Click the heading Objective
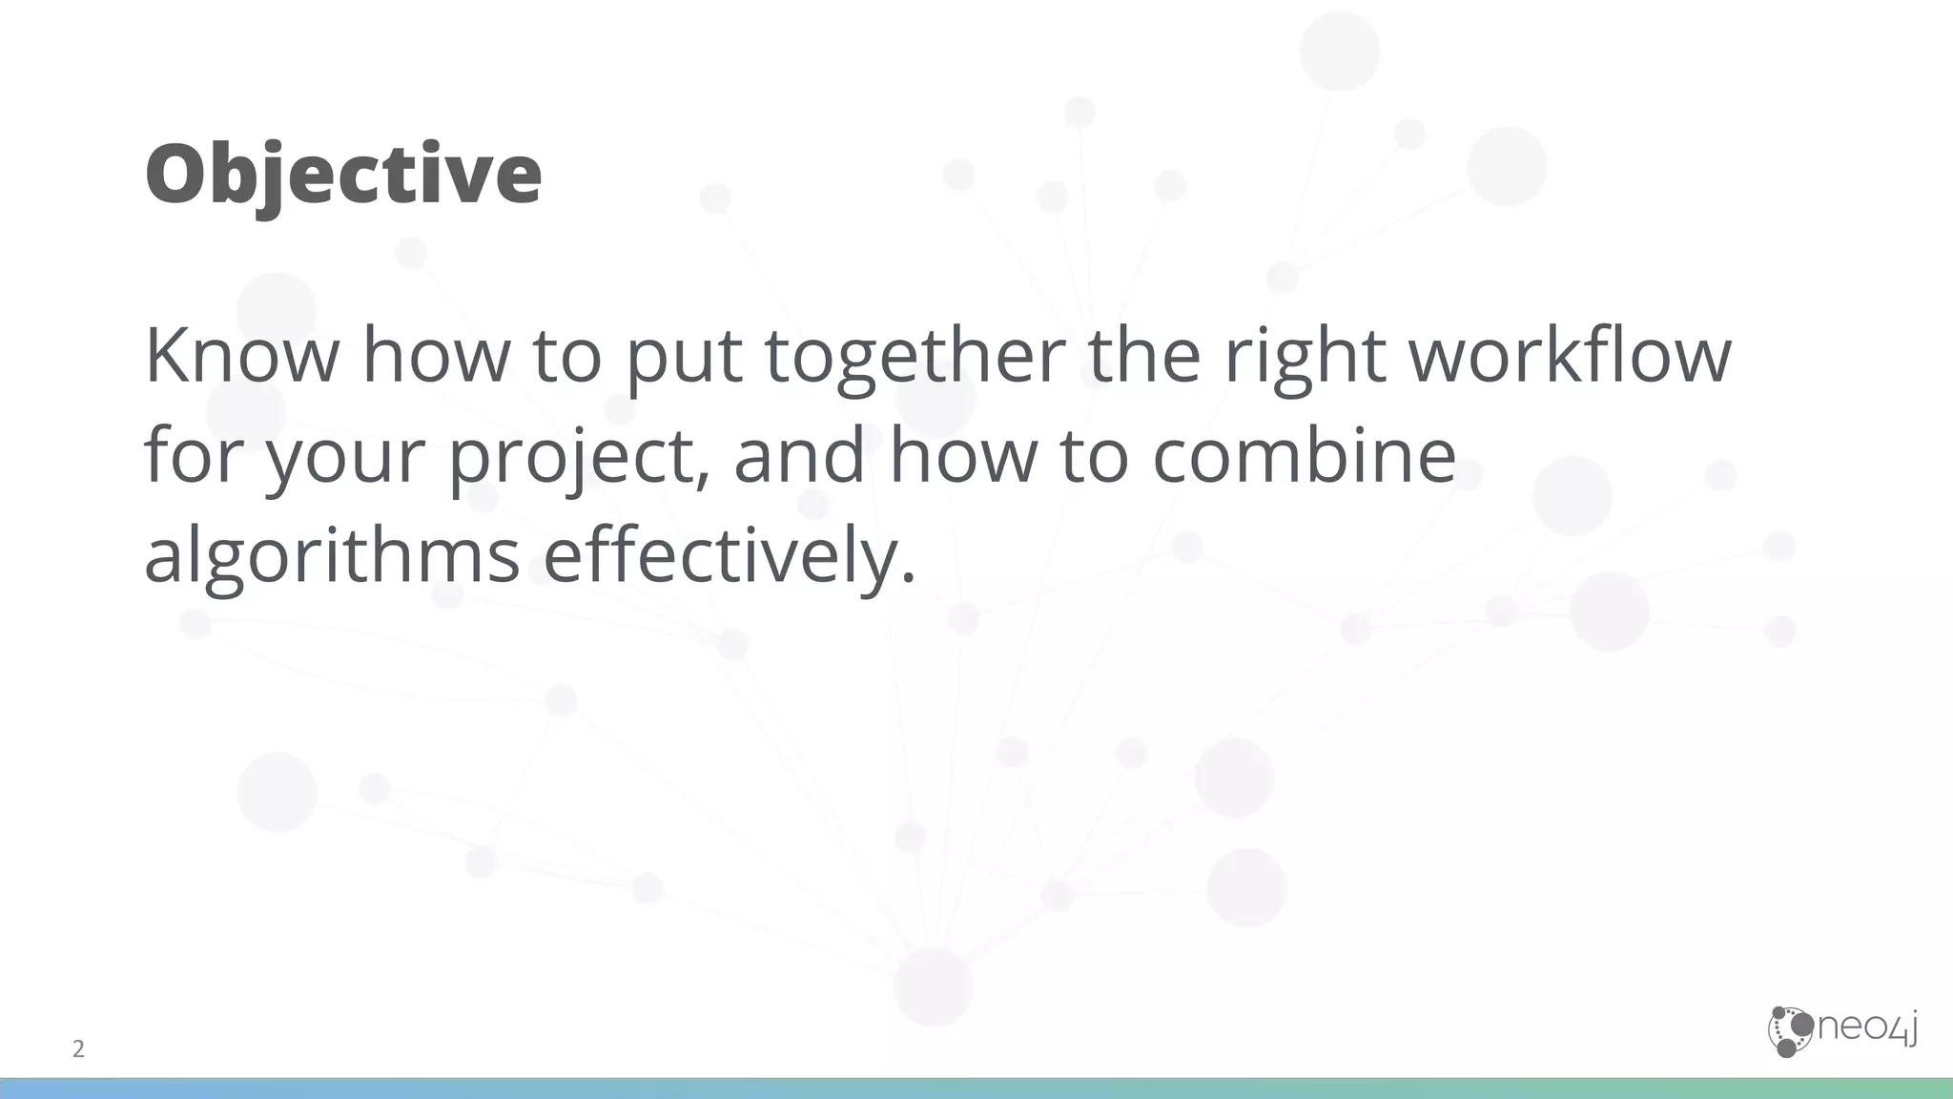[343, 174]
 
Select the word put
[684, 357]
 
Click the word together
[915, 357]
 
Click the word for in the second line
[196, 455]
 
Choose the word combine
[1304, 455]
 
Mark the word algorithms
[332, 557]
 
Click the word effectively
[720, 557]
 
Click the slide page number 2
[78, 1049]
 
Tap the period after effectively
[907, 577]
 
